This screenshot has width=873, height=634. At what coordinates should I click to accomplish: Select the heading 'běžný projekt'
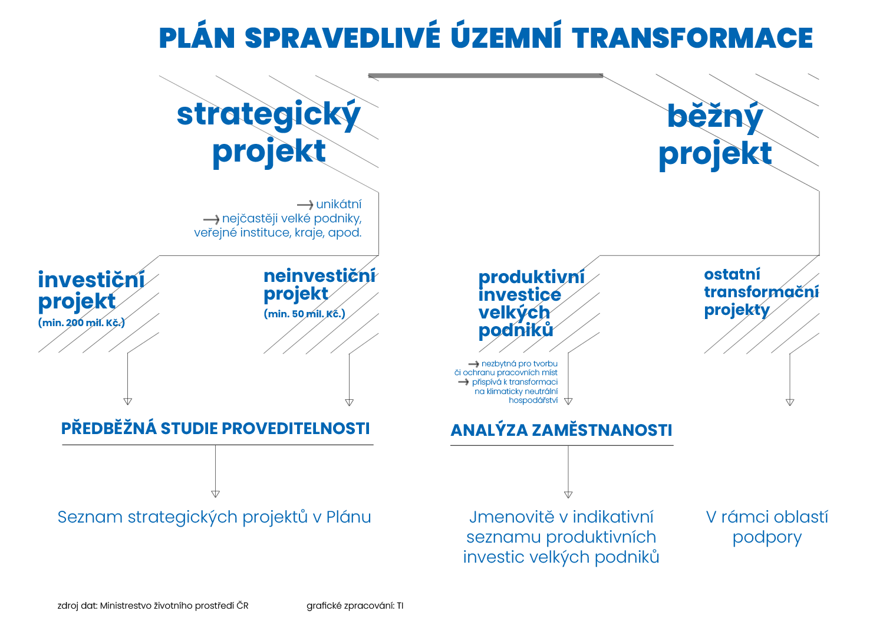pos(716,136)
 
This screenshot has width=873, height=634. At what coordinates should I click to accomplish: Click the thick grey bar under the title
pos(486,75)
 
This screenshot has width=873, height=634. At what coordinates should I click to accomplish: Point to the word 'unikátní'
pos(339,204)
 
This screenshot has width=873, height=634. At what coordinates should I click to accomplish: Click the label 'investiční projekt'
pos(91,291)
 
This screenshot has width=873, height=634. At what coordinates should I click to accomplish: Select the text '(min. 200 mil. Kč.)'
pos(81,323)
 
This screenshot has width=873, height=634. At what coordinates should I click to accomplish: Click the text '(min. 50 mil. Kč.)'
pos(304,314)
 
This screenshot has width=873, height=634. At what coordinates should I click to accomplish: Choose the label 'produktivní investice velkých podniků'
pos(532,304)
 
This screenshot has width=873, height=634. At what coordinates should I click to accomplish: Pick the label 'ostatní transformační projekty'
pos(761,293)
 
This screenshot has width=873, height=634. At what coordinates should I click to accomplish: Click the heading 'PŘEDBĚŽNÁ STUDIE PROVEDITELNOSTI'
pos(216,429)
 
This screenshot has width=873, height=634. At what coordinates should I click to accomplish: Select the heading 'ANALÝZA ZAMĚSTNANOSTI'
pos(561,430)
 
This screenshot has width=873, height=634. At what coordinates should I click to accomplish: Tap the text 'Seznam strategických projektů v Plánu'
pos(215,517)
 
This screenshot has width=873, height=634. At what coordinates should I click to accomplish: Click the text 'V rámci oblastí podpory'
pos(767,528)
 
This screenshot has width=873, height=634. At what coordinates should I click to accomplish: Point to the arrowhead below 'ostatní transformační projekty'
pos(790,403)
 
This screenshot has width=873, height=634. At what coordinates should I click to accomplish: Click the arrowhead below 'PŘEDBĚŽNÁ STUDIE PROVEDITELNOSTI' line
pos(216,494)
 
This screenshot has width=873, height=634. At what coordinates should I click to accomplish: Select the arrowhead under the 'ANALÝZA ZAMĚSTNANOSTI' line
pos(568,495)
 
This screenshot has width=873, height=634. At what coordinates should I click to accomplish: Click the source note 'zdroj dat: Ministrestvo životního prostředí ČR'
pos(153,606)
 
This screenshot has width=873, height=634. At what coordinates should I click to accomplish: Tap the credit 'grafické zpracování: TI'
pos(355,606)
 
